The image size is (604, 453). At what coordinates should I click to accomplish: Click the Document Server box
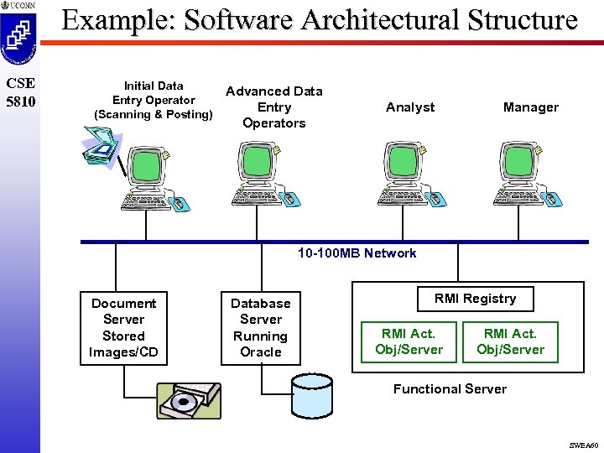click(x=123, y=328)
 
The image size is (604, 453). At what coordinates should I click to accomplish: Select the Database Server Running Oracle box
click(x=261, y=328)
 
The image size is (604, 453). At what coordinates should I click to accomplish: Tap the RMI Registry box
click(x=475, y=299)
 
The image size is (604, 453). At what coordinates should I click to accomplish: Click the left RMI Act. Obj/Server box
click(x=409, y=341)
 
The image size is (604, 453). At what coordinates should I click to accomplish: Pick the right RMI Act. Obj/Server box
click(x=510, y=341)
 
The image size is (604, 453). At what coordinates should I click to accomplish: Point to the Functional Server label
click(x=450, y=389)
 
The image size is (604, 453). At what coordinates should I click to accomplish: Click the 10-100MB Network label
click(x=357, y=253)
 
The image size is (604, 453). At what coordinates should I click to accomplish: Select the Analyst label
click(x=410, y=107)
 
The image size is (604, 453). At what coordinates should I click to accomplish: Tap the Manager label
click(x=530, y=107)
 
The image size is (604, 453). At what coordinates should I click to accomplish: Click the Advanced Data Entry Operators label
click(x=274, y=107)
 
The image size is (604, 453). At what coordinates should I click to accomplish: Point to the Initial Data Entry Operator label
click(x=154, y=100)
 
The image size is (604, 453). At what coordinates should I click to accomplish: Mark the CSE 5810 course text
click(x=19, y=92)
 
